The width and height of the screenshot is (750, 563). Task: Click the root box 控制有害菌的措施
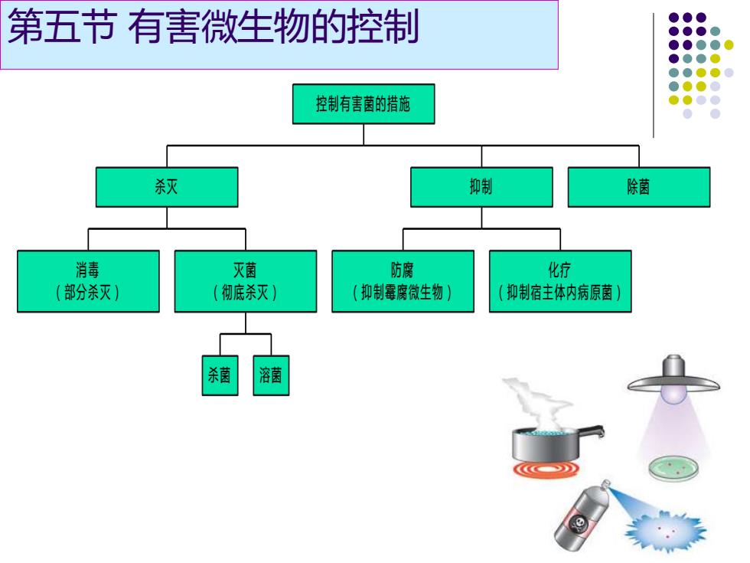[364, 104]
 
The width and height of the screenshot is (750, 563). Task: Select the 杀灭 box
[167, 187]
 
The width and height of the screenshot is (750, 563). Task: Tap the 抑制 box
[481, 187]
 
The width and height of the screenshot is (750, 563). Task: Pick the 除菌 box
[639, 187]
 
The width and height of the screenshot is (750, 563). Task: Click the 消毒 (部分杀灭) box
[89, 281]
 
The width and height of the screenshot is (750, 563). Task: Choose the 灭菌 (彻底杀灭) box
[246, 281]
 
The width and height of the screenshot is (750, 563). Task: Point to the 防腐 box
[403, 281]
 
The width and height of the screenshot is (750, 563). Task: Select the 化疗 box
[560, 281]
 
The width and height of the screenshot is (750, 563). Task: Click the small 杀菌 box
[220, 375]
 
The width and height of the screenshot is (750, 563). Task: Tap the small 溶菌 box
[271, 375]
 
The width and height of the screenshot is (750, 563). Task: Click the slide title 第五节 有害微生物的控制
[214, 27]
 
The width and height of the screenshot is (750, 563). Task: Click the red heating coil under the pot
[546, 469]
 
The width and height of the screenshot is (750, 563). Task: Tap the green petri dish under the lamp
[673, 468]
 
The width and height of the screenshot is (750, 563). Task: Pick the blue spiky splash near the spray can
[665, 530]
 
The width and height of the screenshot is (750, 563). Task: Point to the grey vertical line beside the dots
[654, 75]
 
